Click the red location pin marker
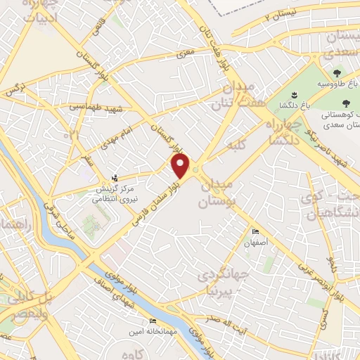(x=181, y=166)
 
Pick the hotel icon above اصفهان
(x=256, y=232)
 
